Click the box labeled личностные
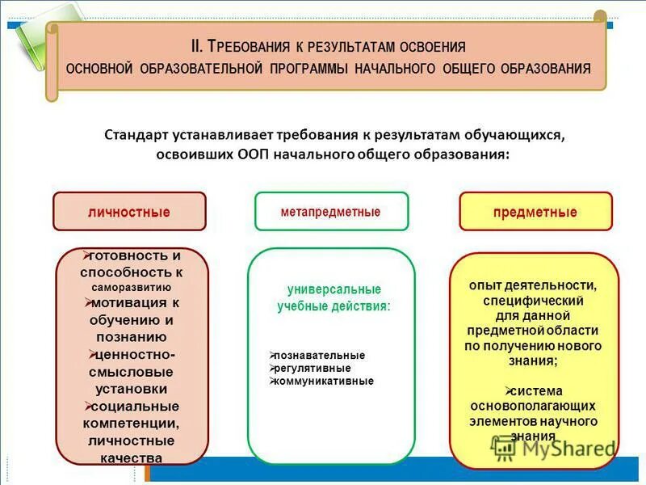(129, 212)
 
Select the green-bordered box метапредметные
(330, 212)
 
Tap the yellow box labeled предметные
(535, 212)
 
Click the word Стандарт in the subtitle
(135, 134)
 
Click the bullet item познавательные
(320, 356)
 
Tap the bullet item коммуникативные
(324, 382)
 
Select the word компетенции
(131, 424)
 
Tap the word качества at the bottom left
(131, 458)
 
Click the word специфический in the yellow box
(533, 300)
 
